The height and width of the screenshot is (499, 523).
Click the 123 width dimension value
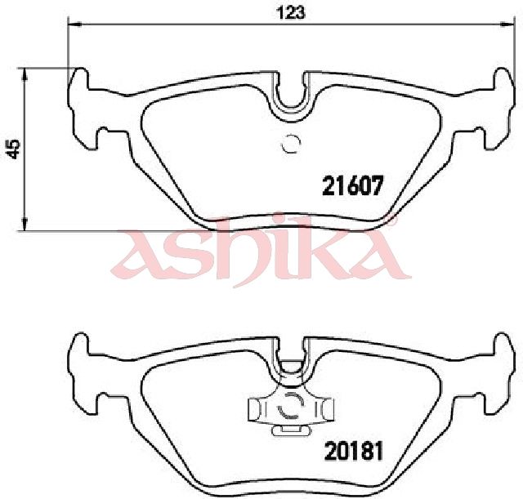[x=291, y=13]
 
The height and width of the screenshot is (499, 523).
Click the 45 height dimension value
[x=14, y=149]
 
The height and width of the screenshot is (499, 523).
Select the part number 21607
[x=351, y=185]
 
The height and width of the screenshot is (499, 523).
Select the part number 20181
[x=354, y=452]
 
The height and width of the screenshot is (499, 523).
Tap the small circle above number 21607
[x=291, y=144]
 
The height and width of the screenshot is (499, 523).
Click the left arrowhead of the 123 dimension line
[x=74, y=24]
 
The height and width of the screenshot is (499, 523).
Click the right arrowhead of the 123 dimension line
[x=508, y=24]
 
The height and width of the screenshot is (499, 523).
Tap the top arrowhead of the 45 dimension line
[x=24, y=74]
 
